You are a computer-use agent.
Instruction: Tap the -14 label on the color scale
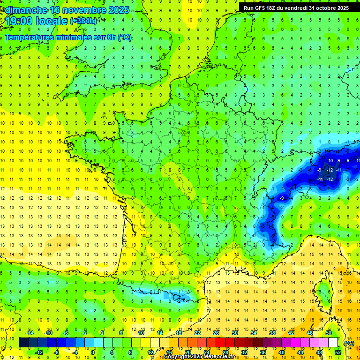tap(30, 333)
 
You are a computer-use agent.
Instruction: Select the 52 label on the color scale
tap(338, 352)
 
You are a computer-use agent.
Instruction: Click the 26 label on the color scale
tap(216, 333)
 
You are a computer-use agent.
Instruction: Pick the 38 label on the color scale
tap(272, 333)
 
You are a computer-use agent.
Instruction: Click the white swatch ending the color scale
tap(333, 343)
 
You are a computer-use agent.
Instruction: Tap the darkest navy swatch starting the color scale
tap(24, 343)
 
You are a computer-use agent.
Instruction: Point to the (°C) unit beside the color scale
tap(349, 343)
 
